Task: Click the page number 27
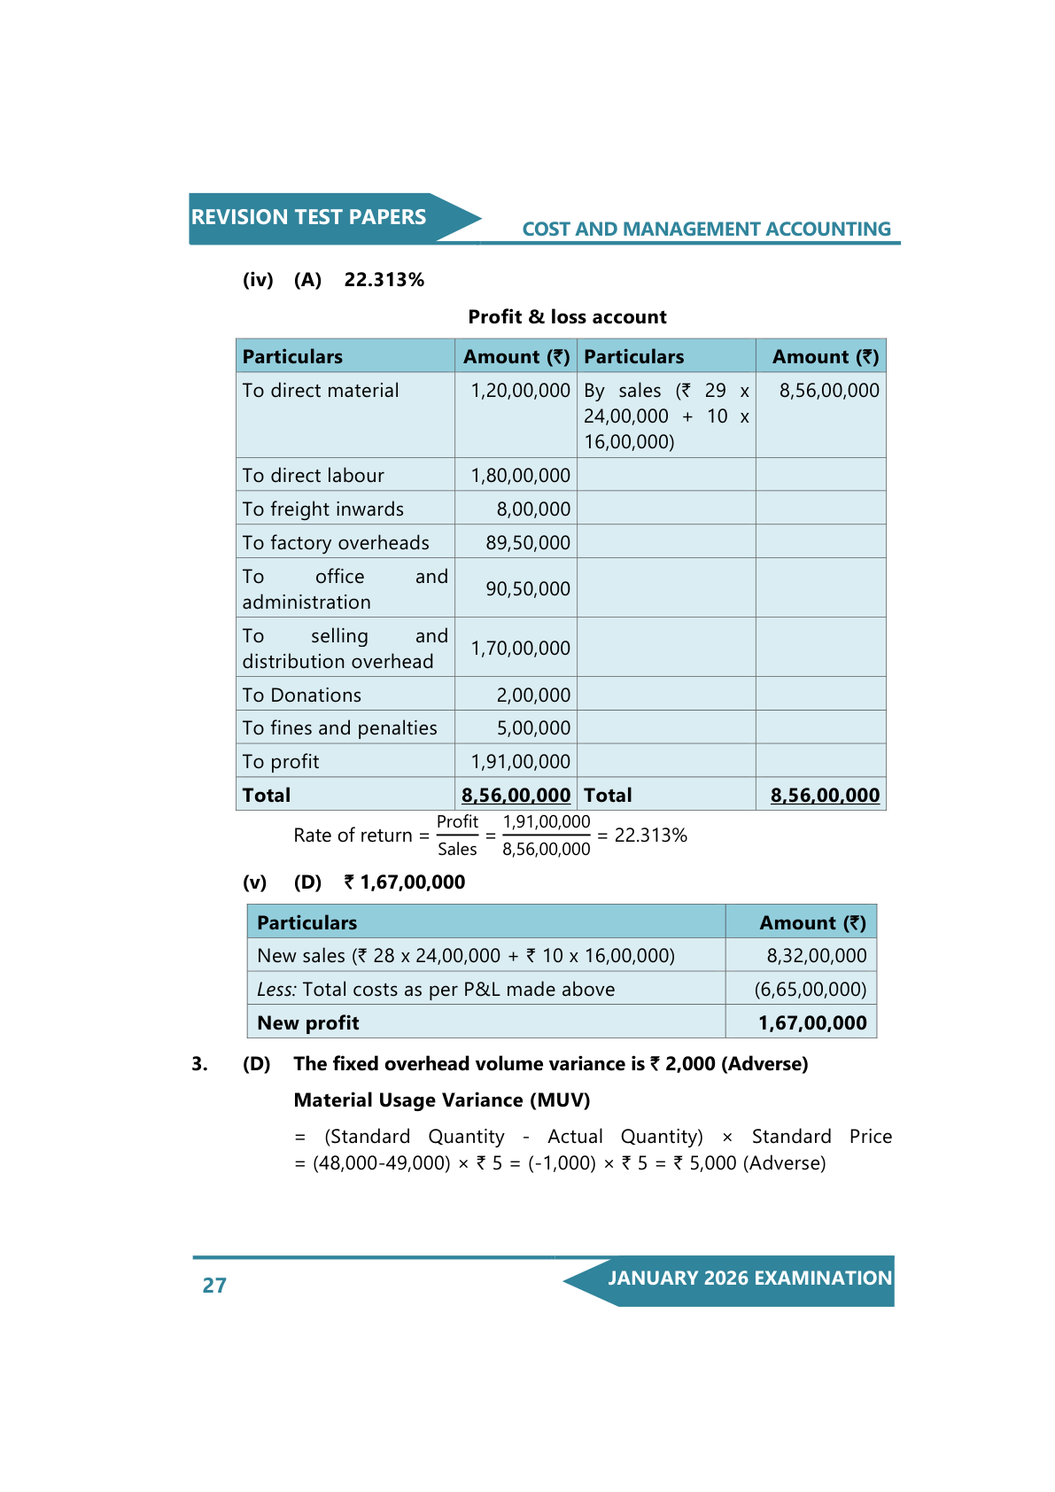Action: click(214, 1285)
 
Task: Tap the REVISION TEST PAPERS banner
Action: click(308, 217)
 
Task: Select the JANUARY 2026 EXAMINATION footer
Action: click(749, 1278)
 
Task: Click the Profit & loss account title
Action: click(567, 316)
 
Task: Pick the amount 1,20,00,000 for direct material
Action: click(520, 390)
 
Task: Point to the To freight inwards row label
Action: click(322, 509)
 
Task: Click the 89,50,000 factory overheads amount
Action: click(527, 542)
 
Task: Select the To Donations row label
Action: click(301, 695)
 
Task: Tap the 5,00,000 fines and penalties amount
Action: click(533, 727)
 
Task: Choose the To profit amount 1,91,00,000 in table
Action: click(520, 761)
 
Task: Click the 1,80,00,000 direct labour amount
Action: click(520, 475)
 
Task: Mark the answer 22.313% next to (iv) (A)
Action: click(384, 279)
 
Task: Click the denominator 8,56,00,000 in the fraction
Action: click(546, 849)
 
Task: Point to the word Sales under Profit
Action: click(457, 849)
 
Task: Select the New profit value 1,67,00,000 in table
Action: click(811, 1022)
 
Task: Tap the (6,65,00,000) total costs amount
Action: click(810, 989)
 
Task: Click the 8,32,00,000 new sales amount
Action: click(816, 955)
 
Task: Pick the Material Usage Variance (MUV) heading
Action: click(441, 1100)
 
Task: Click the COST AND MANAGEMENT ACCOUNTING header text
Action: click(706, 229)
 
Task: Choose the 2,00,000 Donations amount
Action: click(533, 695)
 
